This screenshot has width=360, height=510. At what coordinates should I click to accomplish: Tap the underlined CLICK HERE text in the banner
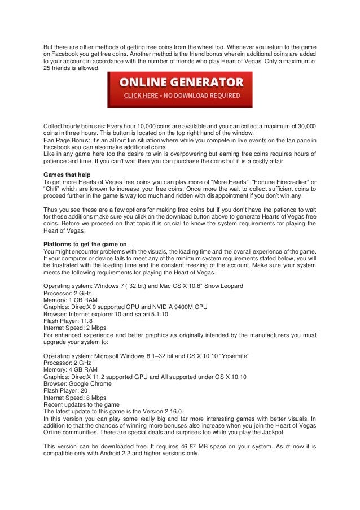[x=141, y=96]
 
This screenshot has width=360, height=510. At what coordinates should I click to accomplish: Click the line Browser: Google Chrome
[x=77, y=383]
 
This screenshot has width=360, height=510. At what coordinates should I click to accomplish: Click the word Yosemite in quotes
[x=232, y=356]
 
